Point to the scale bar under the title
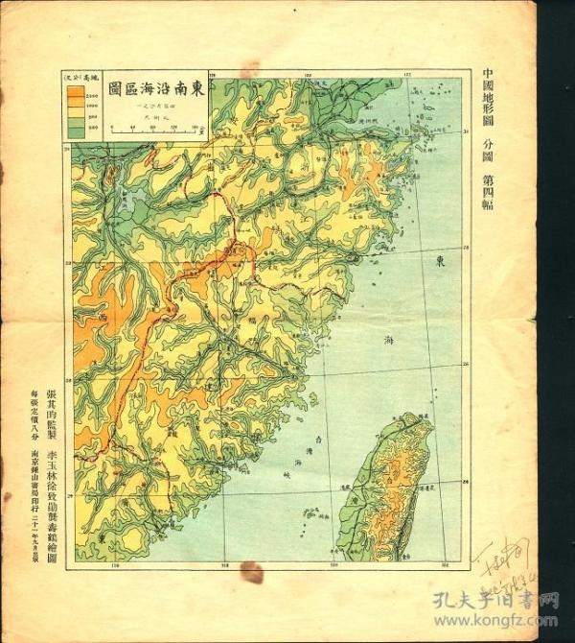pyautogui.click(x=153, y=126)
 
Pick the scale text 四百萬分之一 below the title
pyautogui.click(x=153, y=104)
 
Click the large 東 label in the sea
pyautogui.click(x=439, y=261)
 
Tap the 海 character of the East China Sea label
pyautogui.click(x=388, y=341)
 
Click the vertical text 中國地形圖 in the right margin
pyautogui.click(x=490, y=100)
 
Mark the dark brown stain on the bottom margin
pyautogui.click(x=251, y=574)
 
